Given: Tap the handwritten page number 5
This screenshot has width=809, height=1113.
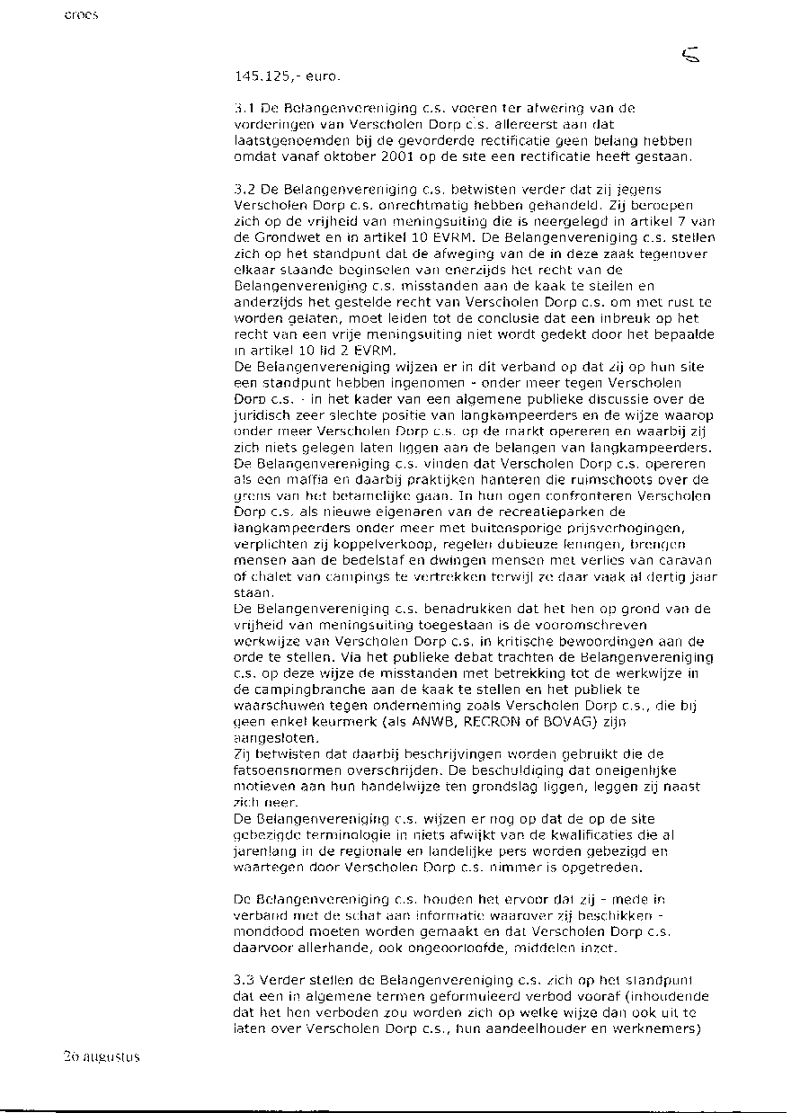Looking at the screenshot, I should point(691,58).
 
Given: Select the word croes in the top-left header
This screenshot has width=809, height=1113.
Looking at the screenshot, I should point(81,15).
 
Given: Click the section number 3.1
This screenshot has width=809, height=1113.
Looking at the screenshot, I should point(241,109).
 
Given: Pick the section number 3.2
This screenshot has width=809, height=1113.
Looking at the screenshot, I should point(241,190).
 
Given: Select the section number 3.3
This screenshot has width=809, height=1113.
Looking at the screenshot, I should point(241,979).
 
